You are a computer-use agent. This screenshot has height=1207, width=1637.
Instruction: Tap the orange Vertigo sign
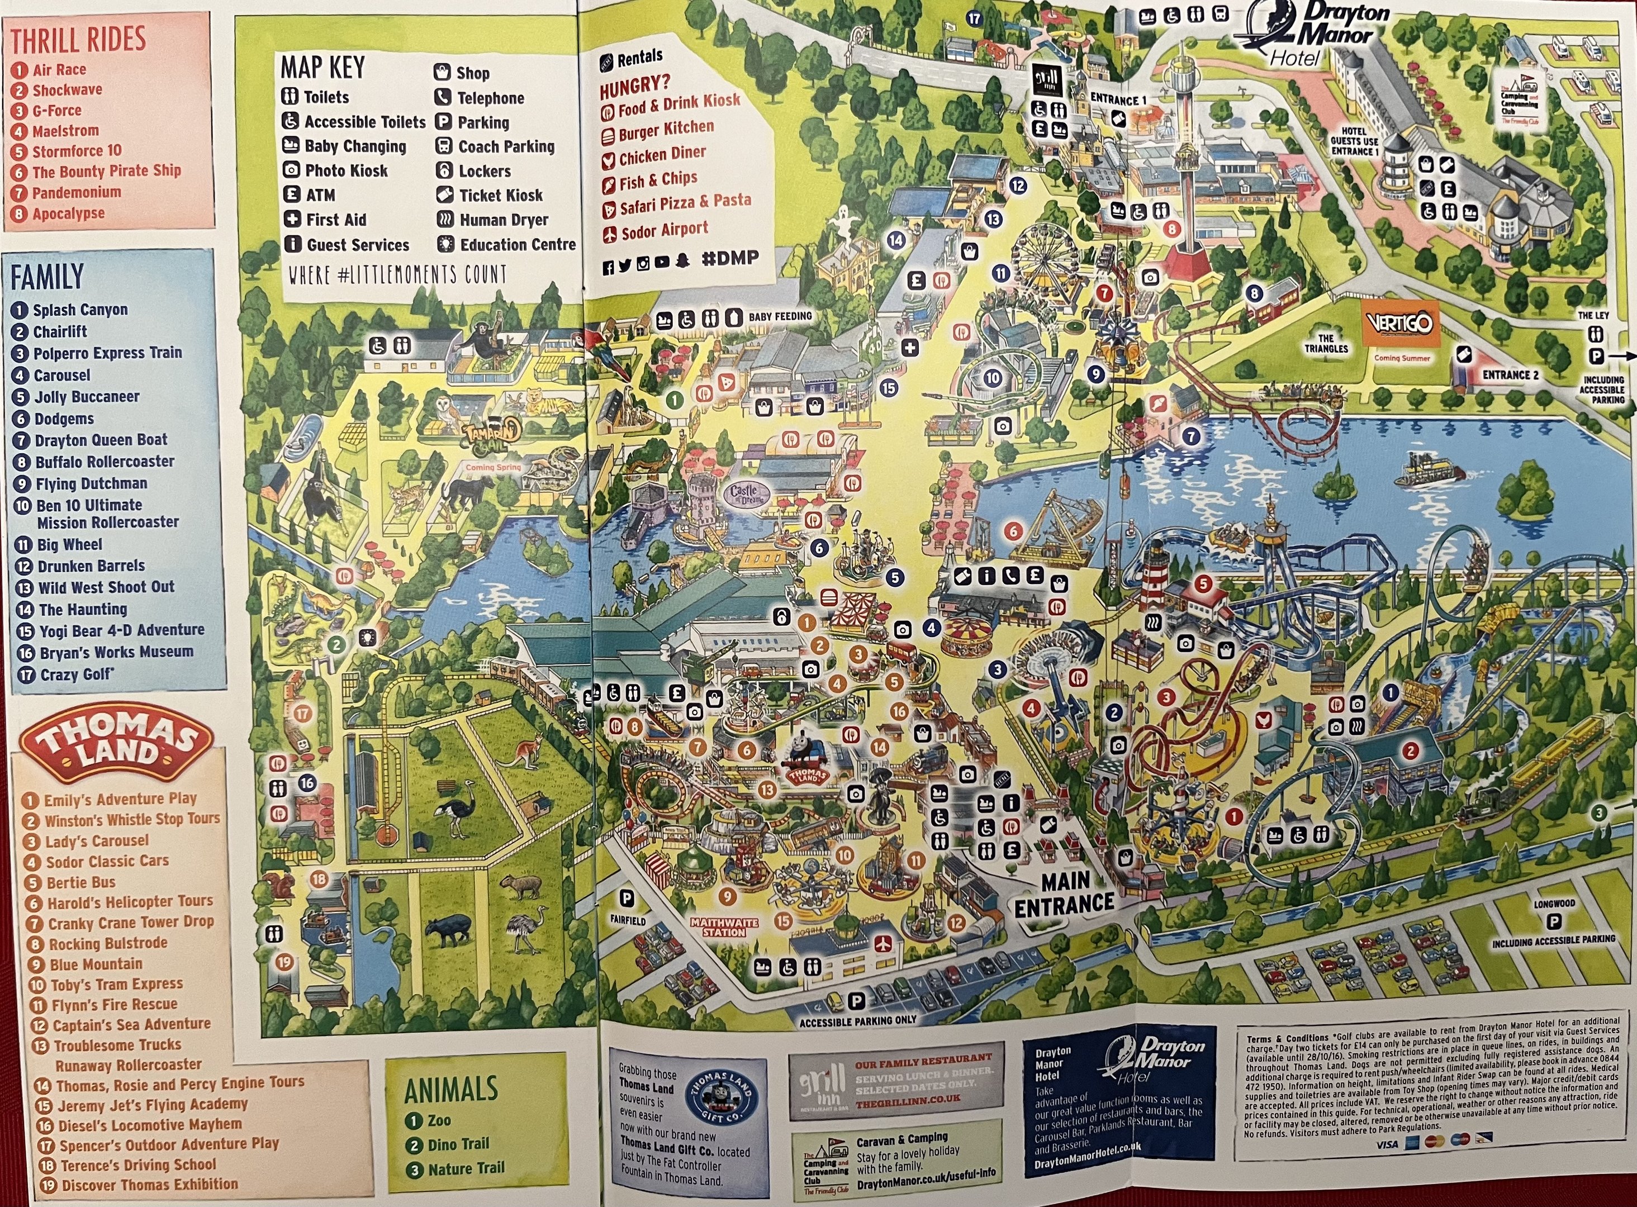(x=1400, y=323)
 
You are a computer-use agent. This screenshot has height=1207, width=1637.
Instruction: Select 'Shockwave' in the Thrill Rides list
(x=67, y=90)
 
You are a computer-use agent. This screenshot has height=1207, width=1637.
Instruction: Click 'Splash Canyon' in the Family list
(x=80, y=310)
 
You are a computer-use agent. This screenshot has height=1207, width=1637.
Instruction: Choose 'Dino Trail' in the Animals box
(x=458, y=1144)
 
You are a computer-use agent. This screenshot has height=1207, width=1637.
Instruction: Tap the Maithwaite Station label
(x=724, y=927)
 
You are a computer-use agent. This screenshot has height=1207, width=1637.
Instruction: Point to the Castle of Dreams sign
(x=744, y=494)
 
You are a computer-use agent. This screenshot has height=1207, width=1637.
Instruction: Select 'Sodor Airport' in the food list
(x=665, y=231)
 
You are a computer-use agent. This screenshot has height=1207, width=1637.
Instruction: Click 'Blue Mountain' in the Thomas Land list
(x=96, y=964)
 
